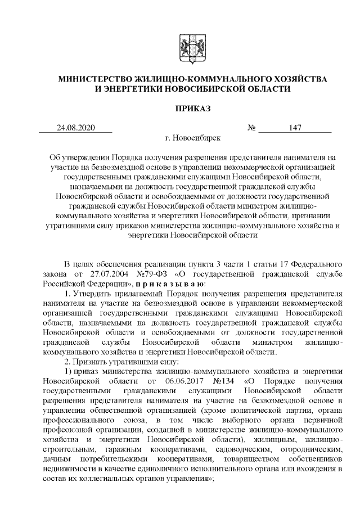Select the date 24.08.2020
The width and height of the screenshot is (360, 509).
click(x=76, y=128)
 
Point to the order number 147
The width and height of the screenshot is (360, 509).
click(x=296, y=128)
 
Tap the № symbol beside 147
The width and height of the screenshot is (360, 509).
click(x=252, y=128)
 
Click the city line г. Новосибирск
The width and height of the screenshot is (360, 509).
click(x=193, y=137)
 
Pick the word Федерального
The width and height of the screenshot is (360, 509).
click(x=312, y=263)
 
